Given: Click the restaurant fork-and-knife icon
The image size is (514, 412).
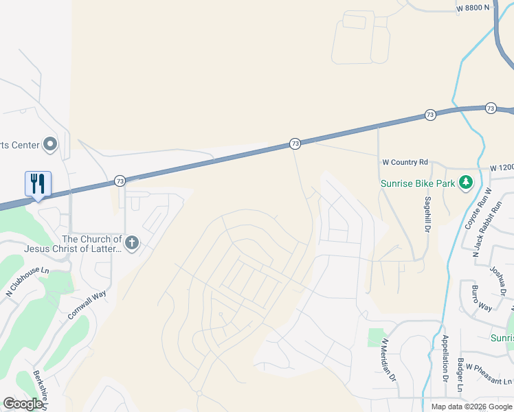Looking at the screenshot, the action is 38,183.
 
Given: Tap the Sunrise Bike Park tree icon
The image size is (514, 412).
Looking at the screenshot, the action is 467,182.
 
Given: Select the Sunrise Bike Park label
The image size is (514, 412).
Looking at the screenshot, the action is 418,183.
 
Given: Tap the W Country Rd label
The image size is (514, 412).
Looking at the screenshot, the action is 405,162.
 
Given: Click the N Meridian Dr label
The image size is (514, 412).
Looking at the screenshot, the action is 389,359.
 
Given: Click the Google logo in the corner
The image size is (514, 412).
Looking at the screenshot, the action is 23,404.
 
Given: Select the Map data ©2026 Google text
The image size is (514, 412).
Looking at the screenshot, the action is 472,407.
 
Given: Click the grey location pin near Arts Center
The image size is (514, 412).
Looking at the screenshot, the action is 49,144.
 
